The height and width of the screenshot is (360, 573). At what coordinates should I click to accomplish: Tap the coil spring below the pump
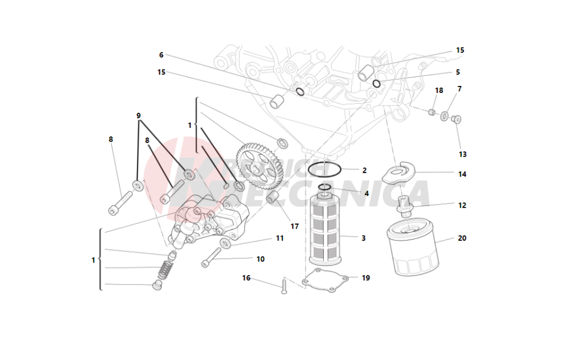pyautogui.click(x=165, y=268)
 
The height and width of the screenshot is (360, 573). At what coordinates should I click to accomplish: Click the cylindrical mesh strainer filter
pyautogui.click(x=325, y=229)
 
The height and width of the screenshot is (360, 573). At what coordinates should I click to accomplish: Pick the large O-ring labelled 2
pyautogui.click(x=325, y=170)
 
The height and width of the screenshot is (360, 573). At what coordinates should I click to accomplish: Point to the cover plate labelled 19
pyautogui.click(x=326, y=283)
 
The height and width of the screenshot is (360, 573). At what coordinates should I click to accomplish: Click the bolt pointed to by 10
pyautogui.click(x=211, y=257)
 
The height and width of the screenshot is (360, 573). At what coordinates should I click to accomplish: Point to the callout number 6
pyautogui.click(x=161, y=55)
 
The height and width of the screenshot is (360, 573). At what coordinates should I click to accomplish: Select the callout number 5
pyautogui.click(x=458, y=72)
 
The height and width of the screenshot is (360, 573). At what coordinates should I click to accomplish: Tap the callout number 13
pyautogui.click(x=462, y=154)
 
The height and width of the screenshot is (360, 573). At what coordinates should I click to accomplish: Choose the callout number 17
pyautogui.click(x=295, y=226)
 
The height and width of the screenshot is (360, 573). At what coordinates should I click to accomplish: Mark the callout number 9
pyautogui.click(x=139, y=115)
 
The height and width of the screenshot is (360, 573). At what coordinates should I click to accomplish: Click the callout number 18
pyautogui.click(x=439, y=91)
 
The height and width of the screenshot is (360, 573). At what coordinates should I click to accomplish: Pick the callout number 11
pyautogui.click(x=280, y=238)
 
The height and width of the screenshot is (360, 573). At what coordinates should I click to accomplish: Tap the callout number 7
pyautogui.click(x=460, y=89)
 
